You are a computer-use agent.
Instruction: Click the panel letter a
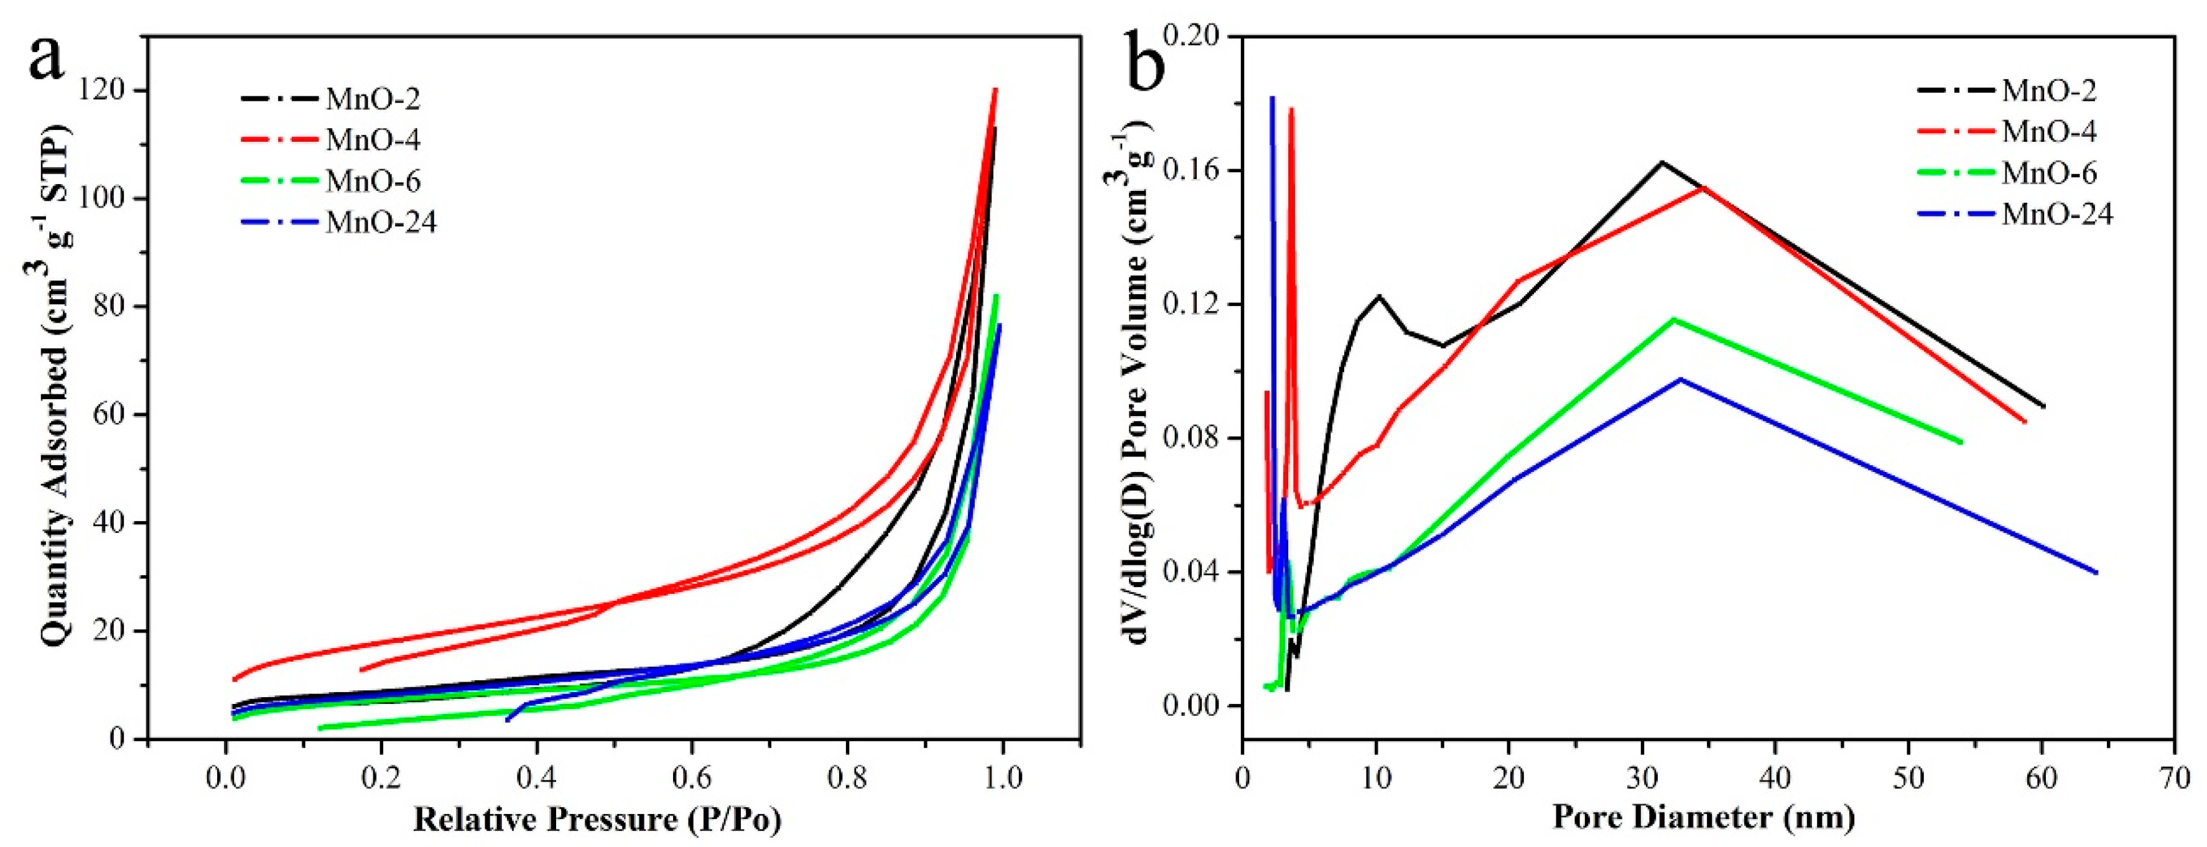click(47, 58)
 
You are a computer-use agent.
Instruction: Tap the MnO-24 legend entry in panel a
click(381, 222)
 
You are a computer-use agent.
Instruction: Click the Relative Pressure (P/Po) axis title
click(597, 820)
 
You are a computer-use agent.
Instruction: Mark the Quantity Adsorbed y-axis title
click(53, 386)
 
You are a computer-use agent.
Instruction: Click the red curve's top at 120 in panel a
click(995, 89)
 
